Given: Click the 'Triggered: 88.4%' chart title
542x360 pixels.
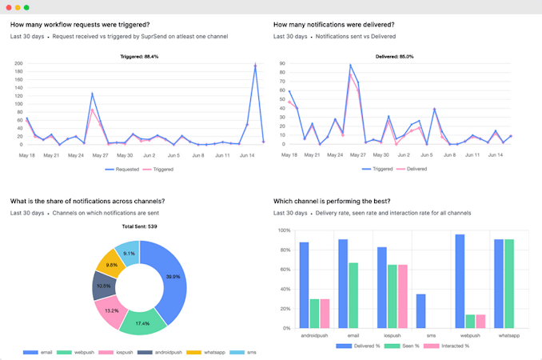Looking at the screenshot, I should pyautogui.click(x=139, y=57).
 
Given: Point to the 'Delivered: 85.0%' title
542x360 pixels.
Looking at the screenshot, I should pyautogui.click(x=395, y=57).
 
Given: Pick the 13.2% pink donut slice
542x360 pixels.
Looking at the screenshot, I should pyautogui.click(x=112, y=309).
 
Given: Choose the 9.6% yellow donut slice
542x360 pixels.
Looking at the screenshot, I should pyautogui.click(x=111, y=265).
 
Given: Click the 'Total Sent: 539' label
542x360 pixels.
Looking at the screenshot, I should pyautogui.click(x=139, y=227).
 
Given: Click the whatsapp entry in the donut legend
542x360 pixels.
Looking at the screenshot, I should pyautogui.click(x=213, y=352).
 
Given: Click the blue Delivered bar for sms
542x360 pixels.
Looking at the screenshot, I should pyautogui.click(x=420, y=311).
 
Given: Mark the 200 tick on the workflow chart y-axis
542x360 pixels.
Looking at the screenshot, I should pyautogui.click(x=18, y=63).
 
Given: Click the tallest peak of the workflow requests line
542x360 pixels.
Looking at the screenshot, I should pyautogui.click(x=255, y=65).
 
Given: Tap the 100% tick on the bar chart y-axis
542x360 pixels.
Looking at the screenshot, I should pyautogui.click(x=284, y=230).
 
